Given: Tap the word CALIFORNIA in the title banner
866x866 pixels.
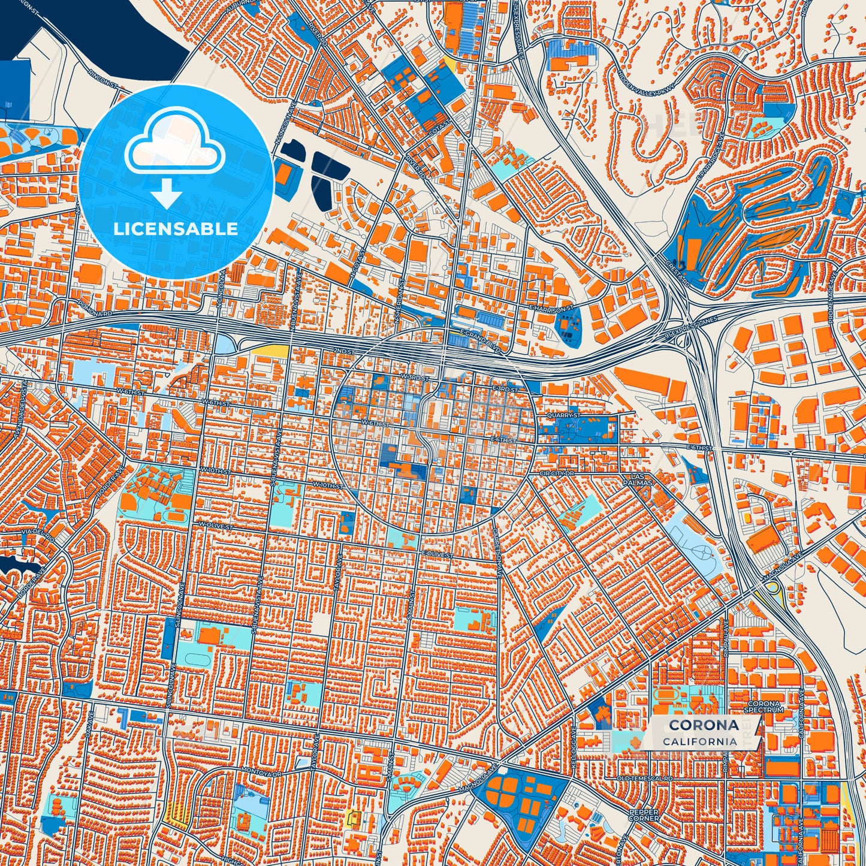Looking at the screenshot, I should tap(700, 741).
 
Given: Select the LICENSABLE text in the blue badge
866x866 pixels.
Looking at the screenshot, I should tap(176, 229).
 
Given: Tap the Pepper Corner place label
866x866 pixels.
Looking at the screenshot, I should tap(644, 815).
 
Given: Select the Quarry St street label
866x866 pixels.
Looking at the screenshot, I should tap(564, 415).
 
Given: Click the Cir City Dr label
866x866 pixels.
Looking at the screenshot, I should tap(557, 473).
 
